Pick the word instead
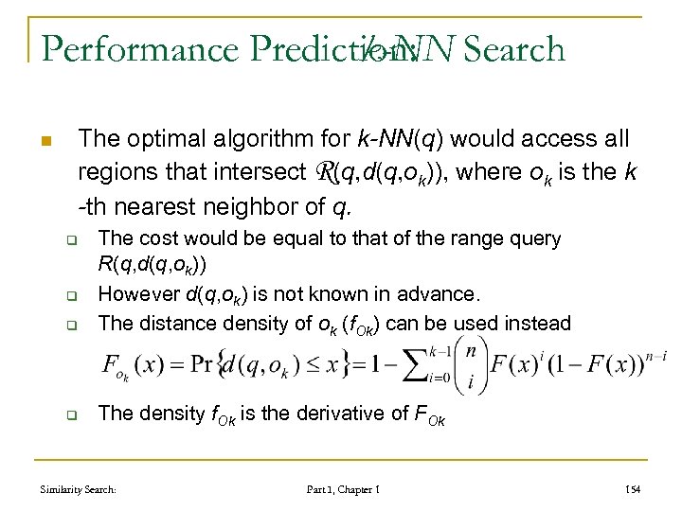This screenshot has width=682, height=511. coord(536,323)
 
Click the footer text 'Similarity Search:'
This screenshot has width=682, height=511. coord(78,489)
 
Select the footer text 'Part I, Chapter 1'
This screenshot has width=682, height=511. coord(343,489)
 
